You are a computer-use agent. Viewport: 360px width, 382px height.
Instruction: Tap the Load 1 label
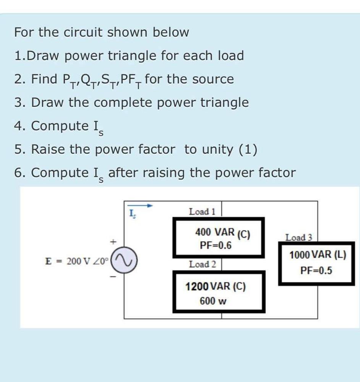tap(202, 211)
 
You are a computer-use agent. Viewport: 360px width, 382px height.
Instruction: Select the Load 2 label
tap(202, 264)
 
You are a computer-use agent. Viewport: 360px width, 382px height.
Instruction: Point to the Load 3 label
tap(298, 237)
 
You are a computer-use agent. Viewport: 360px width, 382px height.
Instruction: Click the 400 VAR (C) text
tap(222, 232)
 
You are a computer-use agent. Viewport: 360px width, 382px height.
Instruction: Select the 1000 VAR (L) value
tap(318, 255)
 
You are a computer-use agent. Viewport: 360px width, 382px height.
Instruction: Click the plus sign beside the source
tap(113, 242)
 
